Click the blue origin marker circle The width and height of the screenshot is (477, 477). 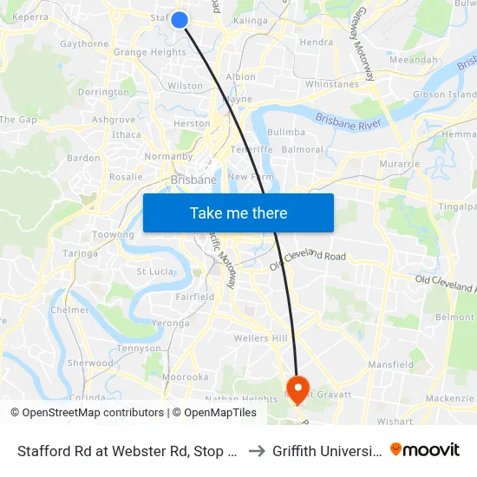pos(180,19)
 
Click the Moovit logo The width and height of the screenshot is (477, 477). pos(425,450)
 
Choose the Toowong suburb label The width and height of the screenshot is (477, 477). pos(113,235)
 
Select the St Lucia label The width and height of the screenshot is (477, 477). pos(155,271)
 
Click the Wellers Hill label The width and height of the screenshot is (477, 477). pos(259,337)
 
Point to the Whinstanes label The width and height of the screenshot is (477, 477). pos(331,84)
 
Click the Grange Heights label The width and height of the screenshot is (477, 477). pos(150,52)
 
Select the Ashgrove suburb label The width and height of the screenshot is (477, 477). pos(114,120)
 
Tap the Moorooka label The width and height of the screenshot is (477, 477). pos(186,377)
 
